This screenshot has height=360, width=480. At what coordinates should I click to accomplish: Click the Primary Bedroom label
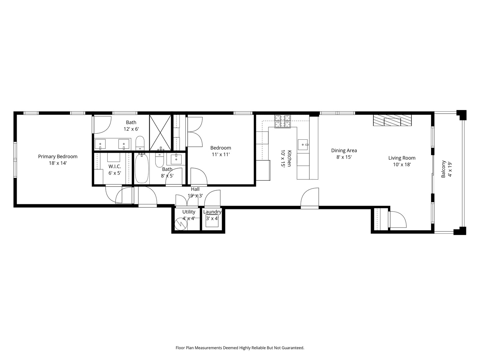tap(58, 156)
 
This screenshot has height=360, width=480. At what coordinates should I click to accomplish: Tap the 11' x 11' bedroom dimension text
tap(221, 154)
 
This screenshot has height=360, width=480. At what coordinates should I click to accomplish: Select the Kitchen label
tap(289, 158)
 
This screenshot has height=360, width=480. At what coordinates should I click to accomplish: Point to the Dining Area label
tap(344, 150)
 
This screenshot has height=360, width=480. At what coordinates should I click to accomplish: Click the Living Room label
tap(402, 158)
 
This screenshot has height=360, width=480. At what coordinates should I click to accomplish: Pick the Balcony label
tap(443, 169)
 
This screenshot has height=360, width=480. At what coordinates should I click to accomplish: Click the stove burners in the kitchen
tap(283, 121)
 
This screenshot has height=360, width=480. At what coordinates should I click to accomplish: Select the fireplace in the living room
tap(392, 120)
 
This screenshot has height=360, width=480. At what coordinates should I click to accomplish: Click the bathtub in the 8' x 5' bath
tap(142, 168)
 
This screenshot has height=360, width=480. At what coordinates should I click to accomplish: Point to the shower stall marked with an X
tap(160, 133)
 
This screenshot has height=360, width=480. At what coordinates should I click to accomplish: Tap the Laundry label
tap(212, 212)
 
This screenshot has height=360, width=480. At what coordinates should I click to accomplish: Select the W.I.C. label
tap(114, 166)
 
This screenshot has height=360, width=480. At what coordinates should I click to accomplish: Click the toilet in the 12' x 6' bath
tap(140, 143)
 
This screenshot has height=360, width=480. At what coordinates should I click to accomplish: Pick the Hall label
tap(195, 189)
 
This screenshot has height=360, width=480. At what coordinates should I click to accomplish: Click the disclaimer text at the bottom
tap(240, 348)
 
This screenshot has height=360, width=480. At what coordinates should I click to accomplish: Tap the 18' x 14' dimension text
tap(58, 163)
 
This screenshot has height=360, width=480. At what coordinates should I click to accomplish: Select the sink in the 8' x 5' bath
tap(176, 159)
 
